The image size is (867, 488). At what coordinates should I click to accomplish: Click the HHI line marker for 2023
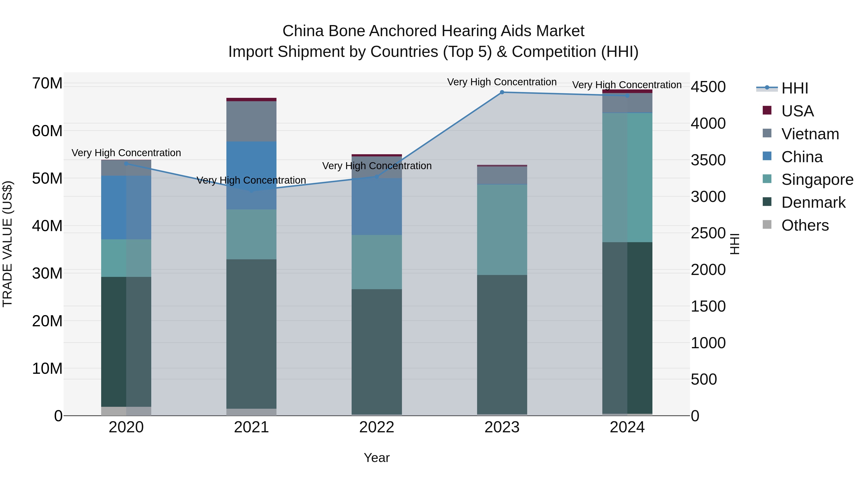pyautogui.click(x=502, y=92)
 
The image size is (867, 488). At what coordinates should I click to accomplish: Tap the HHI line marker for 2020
pyautogui.click(x=126, y=164)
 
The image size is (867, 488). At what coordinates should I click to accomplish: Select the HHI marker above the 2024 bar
pyautogui.click(x=627, y=96)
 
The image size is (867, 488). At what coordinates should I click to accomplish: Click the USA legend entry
pyautogui.click(x=797, y=111)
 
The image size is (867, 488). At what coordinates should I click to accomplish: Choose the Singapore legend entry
pyautogui.click(x=817, y=180)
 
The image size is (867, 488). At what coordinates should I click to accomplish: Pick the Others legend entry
pyautogui.click(x=805, y=225)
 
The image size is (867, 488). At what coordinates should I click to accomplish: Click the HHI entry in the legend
pyautogui.click(x=794, y=88)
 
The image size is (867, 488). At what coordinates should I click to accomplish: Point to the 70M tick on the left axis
pyautogui.click(x=47, y=83)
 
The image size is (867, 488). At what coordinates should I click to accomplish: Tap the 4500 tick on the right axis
pyautogui.click(x=708, y=87)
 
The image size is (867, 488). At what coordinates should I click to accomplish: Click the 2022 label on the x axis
pyautogui.click(x=377, y=427)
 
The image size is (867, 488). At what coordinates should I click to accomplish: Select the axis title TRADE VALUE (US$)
pyautogui.click(x=7, y=244)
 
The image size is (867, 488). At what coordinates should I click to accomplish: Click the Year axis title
pyautogui.click(x=377, y=458)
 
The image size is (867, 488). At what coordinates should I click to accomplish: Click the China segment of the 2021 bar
pyautogui.click(x=251, y=175)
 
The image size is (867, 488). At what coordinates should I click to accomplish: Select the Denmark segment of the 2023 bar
pyautogui.click(x=502, y=343)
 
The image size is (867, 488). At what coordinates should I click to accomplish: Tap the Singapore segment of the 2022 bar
pyautogui.click(x=377, y=262)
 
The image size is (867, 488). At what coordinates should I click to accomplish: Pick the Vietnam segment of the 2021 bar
pyautogui.click(x=251, y=121)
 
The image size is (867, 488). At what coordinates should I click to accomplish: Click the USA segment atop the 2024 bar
pyautogui.click(x=627, y=91)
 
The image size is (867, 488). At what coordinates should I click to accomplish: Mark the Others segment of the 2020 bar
pyautogui.click(x=126, y=411)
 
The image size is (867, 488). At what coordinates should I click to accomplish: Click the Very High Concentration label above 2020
pyautogui.click(x=126, y=153)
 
